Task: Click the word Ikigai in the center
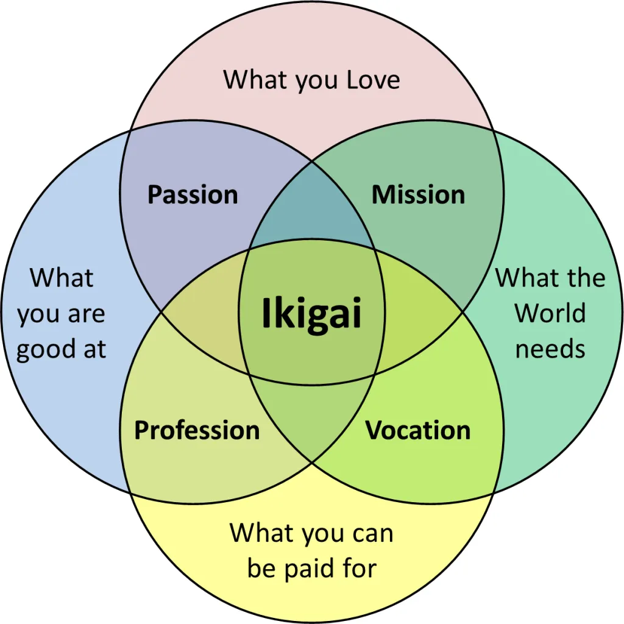click(311, 314)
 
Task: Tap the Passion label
click(193, 195)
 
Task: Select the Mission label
click(418, 195)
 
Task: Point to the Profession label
click(197, 430)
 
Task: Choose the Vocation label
click(418, 430)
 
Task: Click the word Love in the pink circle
click(373, 80)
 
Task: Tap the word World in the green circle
click(550, 313)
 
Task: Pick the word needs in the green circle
click(550, 349)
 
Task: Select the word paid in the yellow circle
click(312, 568)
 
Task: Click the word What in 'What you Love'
click(250, 80)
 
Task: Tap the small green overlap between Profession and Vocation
click(312, 420)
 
